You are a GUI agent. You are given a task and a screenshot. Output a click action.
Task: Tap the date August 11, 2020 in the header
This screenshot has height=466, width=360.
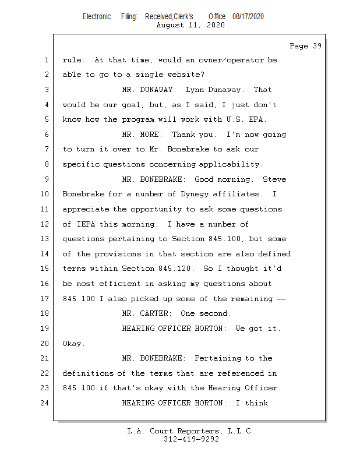(190, 25)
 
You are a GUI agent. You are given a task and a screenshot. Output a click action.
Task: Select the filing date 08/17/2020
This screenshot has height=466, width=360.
(248, 16)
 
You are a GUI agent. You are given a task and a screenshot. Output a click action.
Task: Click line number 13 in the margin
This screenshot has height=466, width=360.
(46, 239)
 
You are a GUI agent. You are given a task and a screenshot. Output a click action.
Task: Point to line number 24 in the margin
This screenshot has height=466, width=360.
(46, 403)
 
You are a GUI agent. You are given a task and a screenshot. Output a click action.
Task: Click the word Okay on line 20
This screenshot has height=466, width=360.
(73, 344)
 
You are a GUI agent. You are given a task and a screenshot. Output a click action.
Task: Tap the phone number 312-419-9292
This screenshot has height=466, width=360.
(190, 439)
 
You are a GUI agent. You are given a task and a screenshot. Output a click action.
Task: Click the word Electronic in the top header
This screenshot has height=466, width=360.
(97, 16)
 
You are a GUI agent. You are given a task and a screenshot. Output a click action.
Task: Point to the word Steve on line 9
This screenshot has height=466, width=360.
(274, 179)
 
